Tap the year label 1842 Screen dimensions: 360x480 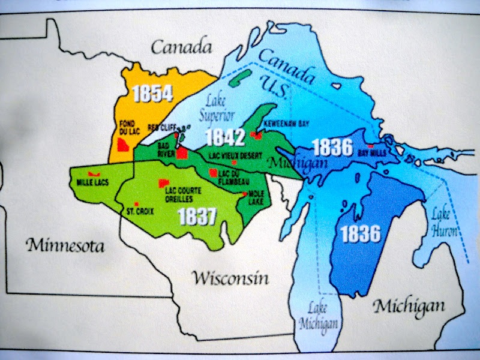coord(225,137)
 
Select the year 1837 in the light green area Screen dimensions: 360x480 coord(196,217)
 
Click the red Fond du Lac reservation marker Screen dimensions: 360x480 coord(124,145)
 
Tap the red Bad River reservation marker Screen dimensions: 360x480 coord(181,154)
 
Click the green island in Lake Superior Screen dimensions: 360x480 coord(244,77)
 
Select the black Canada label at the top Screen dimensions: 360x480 coord(182,47)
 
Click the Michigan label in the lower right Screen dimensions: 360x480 coord(410,307)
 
